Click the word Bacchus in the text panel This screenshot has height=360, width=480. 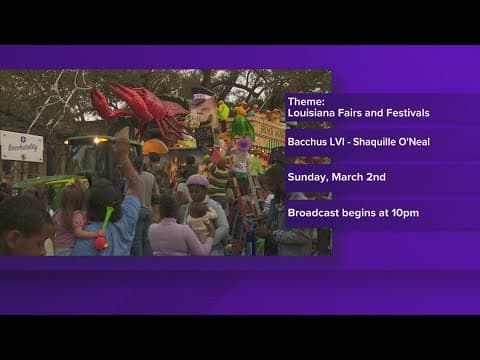click(306, 142)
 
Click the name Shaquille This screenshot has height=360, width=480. click(376, 142)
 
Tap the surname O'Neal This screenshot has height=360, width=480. click(415, 142)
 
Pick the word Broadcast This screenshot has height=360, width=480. click(314, 213)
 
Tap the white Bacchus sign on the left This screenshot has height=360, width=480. click(22, 146)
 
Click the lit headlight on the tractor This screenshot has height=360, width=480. click(99, 141)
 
